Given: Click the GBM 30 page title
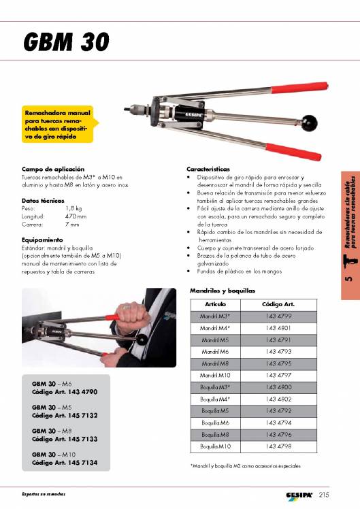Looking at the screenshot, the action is point(65,42).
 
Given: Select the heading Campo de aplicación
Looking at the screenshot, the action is point(53,168).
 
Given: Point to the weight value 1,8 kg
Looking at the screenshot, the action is point(74,209).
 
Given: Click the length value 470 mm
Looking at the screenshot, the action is point(76,216).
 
